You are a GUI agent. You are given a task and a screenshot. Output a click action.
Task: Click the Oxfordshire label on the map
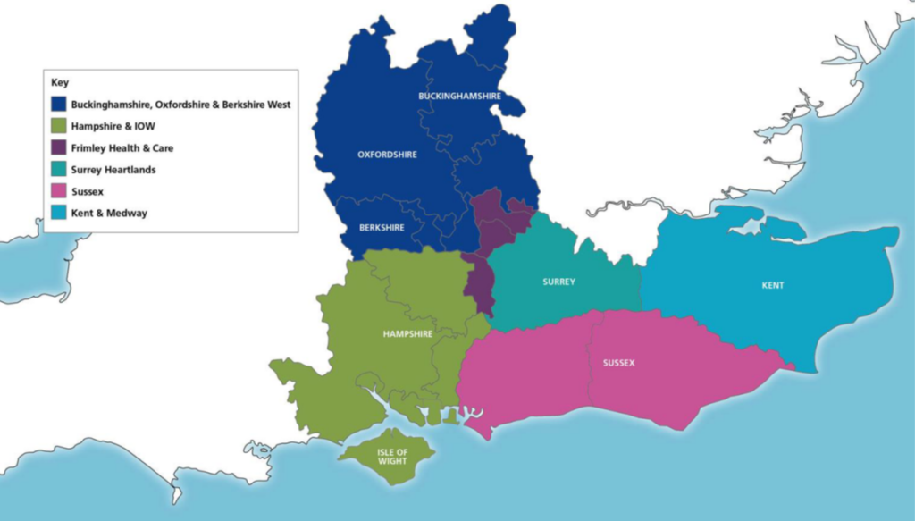point(387,155)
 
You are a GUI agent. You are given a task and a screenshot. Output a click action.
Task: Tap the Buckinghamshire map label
point(459,96)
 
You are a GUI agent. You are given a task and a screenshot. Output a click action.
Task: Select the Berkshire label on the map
point(381,227)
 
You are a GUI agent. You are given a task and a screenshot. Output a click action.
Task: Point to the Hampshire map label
point(407,334)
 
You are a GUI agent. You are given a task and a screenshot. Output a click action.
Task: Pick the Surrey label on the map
point(558,282)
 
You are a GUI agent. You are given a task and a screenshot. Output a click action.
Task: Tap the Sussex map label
point(618,363)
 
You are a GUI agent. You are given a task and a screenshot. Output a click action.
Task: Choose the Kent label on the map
point(773,286)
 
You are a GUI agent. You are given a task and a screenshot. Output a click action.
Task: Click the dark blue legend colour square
point(60,105)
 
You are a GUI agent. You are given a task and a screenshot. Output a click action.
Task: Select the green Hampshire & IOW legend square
point(60,126)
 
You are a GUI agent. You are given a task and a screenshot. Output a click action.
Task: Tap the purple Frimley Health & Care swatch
point(60,148)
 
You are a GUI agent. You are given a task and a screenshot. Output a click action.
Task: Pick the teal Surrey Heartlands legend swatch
point(60,170)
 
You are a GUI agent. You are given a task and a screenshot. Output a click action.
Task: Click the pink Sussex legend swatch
point(60,191)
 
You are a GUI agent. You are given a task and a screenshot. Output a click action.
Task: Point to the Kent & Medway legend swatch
point(60,213)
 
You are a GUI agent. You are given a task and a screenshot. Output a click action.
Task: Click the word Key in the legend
point(60,83)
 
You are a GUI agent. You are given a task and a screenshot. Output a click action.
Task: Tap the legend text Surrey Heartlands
point(113,170)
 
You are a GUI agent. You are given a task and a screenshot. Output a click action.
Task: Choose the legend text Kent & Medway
point(110,213)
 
